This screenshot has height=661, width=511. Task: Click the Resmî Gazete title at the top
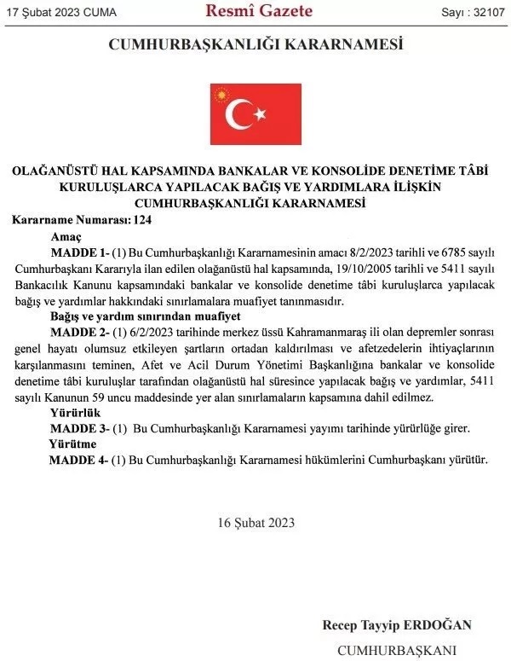(259, 11)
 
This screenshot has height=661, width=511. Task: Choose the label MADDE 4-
(78, 461)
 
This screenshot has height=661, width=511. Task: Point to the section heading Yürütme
(72, 444)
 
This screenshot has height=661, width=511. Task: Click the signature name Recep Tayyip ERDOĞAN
(396, 624)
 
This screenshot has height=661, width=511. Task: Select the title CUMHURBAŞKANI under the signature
(398, 650)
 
